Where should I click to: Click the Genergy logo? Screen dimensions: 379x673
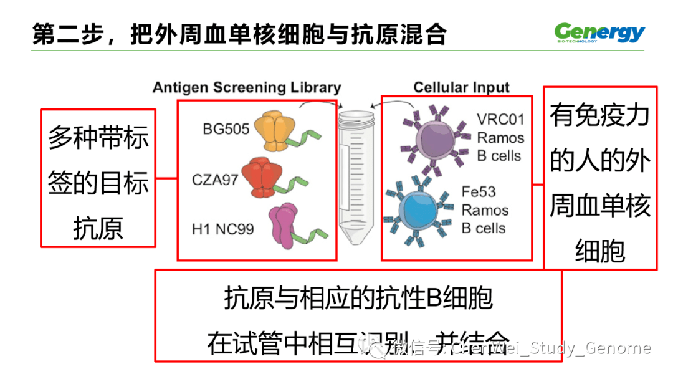point(599,32)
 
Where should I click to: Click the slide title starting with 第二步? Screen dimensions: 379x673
point(239,34)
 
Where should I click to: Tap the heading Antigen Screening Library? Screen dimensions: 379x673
point(247,87)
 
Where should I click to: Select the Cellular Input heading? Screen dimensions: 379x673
point(461,87)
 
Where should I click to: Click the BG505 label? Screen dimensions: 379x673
point(226,129)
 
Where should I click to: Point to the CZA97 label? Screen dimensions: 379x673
point(216,181)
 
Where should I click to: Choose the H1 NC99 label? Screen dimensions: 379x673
point(223,229)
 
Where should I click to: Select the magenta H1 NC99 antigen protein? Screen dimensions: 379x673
point(284,223)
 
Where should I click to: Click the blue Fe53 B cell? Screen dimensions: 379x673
point(419,210)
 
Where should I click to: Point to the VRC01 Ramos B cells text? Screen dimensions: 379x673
point(500,138)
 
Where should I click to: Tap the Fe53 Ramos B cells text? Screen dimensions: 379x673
point(485,210)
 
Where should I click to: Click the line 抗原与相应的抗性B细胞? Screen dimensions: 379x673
point(358,299)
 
